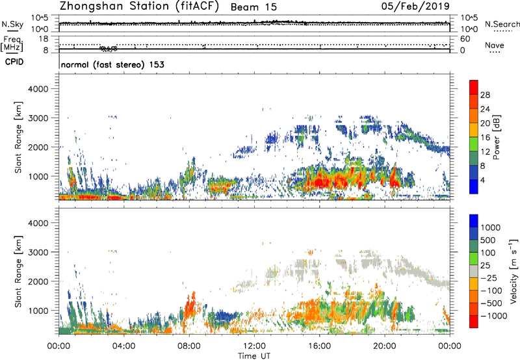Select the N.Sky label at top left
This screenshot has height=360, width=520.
click(10, 24)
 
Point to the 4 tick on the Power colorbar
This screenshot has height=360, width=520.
click(486, 178)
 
